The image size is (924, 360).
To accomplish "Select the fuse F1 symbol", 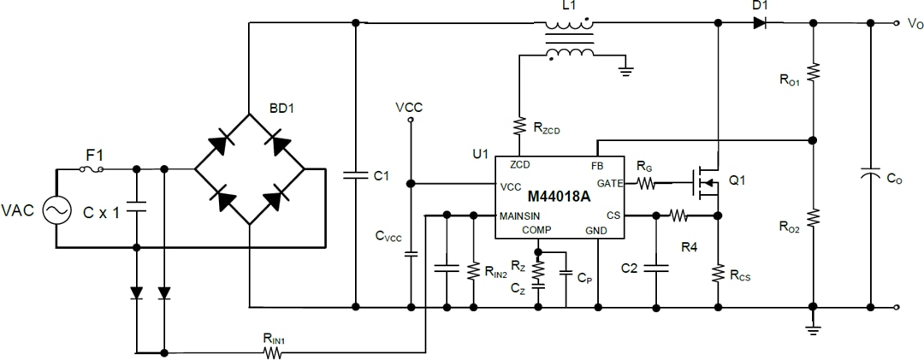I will pos(92,169).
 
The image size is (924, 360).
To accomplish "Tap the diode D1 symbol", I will pos(759,23).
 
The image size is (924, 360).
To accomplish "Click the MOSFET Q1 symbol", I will pos(706,182).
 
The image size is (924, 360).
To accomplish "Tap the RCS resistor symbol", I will pos(718,273).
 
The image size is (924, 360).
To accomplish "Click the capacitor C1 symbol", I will pos(353,175).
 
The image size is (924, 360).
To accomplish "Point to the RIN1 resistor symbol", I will pos(275,351).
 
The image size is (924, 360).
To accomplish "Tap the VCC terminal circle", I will pos(410,121).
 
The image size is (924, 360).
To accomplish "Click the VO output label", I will pos(914,24).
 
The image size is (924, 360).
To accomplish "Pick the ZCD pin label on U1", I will pos(518,164).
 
